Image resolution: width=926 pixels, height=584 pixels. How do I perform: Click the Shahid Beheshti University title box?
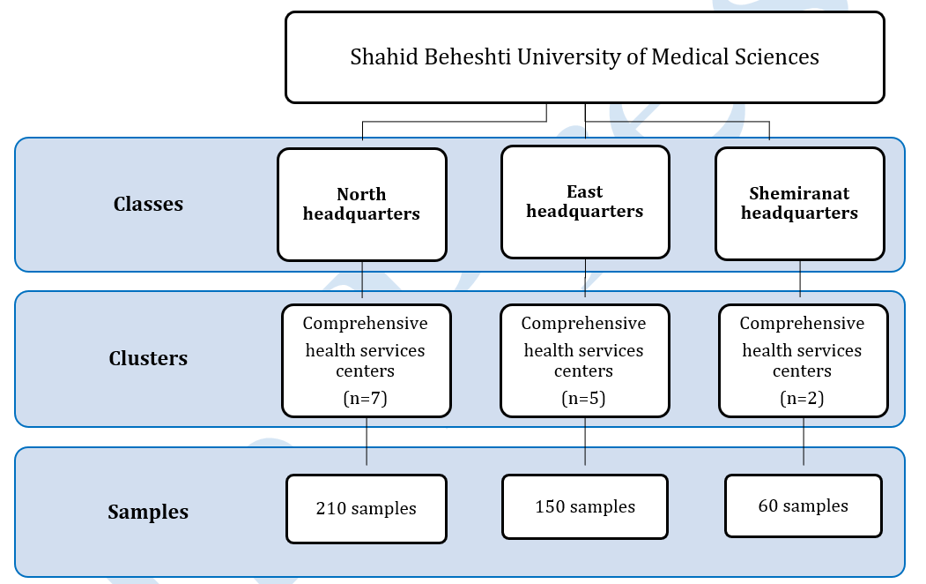point(585,57)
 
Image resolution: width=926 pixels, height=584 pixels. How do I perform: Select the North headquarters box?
point(362,205)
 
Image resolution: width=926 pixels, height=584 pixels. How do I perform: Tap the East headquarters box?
point(585,202)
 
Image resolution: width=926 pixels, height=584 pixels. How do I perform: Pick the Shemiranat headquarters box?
point(800,203)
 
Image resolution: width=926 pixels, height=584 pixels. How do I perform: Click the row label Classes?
point(148,204)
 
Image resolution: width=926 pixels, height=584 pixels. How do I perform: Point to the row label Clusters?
point(148,358)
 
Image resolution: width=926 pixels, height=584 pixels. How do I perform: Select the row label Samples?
point(148,512)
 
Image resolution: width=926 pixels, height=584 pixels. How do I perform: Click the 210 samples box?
point(367,509)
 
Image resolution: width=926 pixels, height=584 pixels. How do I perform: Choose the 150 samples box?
point(585,506)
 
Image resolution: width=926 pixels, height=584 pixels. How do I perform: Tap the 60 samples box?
point(804,506)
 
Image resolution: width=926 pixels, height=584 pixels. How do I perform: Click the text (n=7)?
point(366,399)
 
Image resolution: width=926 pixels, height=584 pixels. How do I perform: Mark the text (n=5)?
point(583,399)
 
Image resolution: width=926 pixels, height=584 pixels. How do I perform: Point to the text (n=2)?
point(802,399)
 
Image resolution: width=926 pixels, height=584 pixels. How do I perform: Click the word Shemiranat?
point(800,193)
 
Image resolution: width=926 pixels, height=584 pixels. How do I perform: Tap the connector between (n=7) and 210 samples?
point(367,441)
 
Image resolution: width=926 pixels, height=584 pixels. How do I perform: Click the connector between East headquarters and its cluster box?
point(585,278)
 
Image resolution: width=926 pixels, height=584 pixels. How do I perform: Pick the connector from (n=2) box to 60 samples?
point(804,441)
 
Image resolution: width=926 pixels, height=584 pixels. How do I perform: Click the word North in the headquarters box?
point(361,194)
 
